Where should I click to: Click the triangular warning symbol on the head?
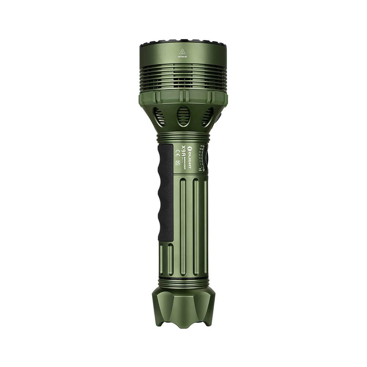click(x=182, y=51)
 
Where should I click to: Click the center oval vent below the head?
click(x=183, y=116)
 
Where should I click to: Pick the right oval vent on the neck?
click(x=208, y=117)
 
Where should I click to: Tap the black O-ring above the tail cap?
click(x=183, y=283)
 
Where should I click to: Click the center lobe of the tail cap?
click(x=183, y=308)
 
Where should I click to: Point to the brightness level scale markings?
click(x=201, y=158)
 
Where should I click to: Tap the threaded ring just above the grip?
click(x=183, y=138)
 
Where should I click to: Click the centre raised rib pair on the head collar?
click(x=182, y=97)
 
